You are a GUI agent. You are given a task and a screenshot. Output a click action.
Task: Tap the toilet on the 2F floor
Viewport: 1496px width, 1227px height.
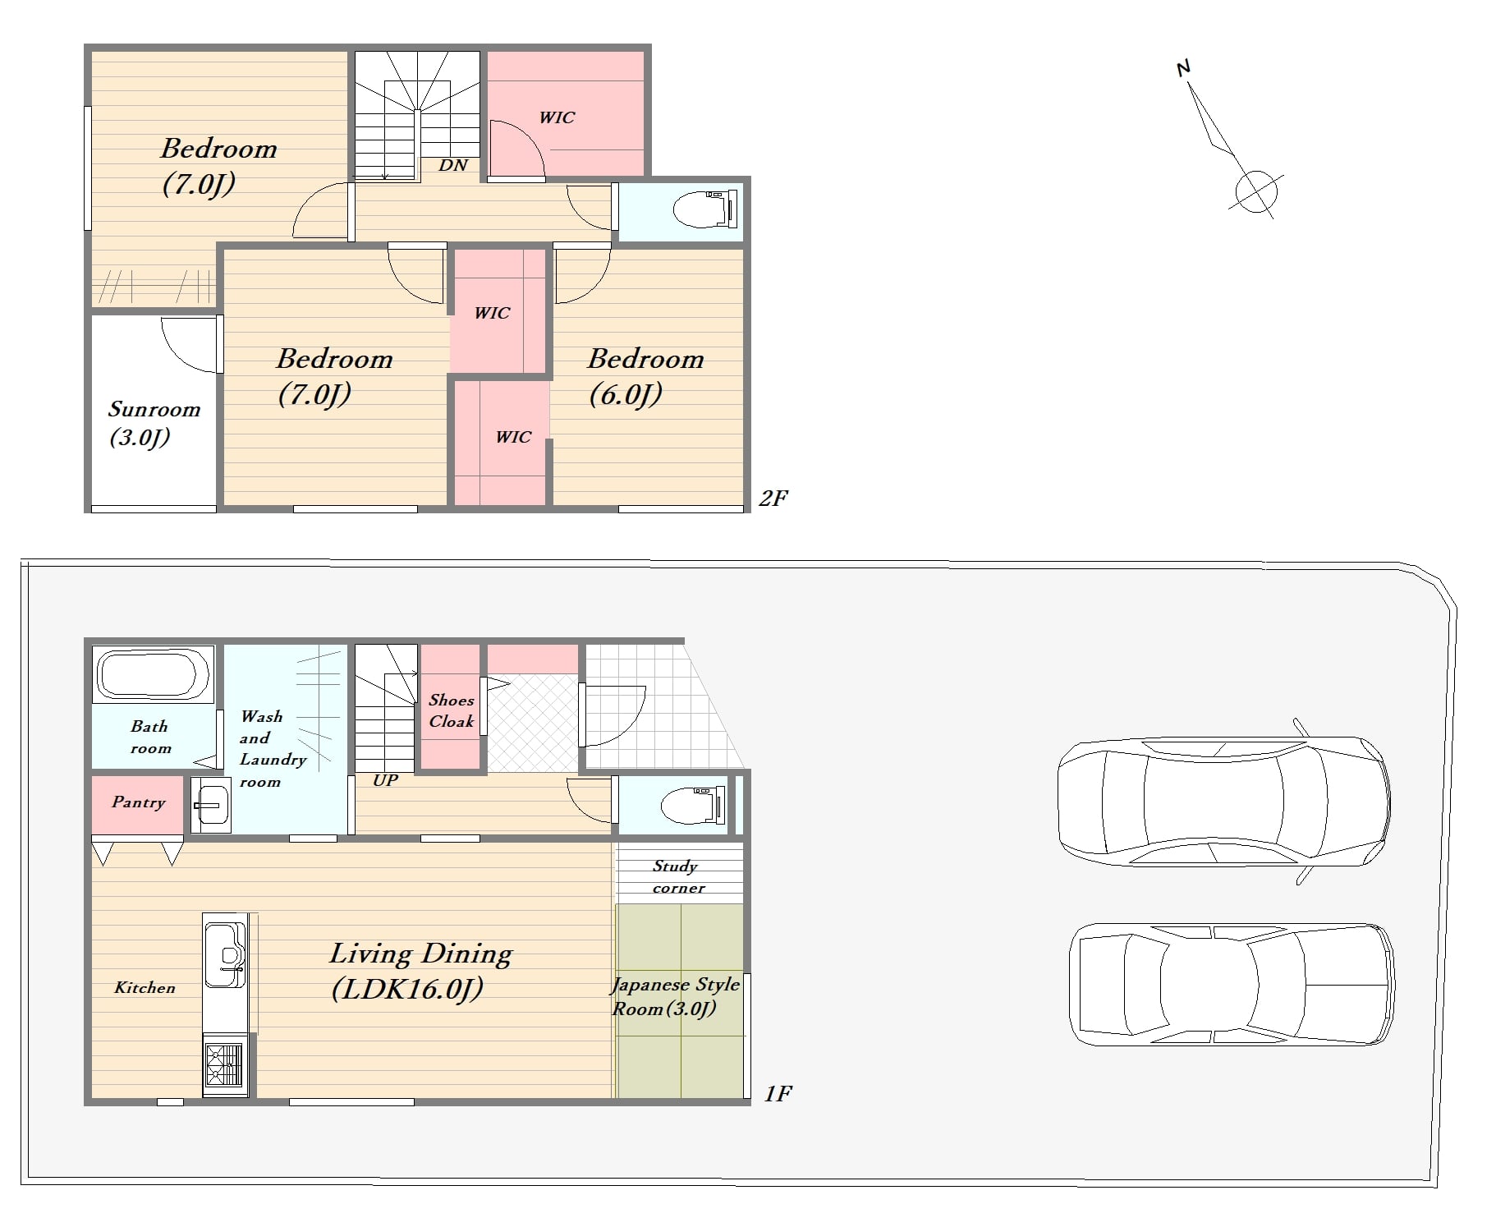tap(704, 209)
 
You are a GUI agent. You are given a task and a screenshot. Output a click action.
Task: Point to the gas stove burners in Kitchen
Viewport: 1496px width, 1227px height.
tap(224, 1065)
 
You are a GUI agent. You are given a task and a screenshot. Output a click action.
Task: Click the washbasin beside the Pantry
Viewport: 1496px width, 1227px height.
tap(211, 806)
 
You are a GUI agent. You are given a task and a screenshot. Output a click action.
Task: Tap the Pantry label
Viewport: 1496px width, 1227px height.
tap(138, 802)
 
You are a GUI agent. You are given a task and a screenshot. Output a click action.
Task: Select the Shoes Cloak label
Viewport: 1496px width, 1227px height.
tap(452, 710)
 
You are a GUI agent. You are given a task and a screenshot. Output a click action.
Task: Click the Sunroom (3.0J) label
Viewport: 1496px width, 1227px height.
tap(154, 423)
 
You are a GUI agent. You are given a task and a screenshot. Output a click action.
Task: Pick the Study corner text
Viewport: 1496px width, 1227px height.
tap(678, 876)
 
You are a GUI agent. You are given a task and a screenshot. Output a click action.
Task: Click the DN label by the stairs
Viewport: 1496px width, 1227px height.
tap(453, 165)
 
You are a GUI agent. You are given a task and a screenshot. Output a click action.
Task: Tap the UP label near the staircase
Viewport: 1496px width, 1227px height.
tap(385, 780)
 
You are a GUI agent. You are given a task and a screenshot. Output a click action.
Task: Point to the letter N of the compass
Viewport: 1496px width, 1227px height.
tap(1183, 68)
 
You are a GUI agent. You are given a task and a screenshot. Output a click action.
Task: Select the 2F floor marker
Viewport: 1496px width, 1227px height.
tap(773, 498)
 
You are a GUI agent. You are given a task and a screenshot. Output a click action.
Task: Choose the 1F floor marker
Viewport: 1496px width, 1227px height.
tap(778, 1093)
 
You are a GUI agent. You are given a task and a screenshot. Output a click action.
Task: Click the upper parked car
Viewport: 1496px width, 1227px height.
tap(1223, 802)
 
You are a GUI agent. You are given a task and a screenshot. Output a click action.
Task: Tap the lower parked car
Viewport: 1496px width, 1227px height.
tap(1232, 984)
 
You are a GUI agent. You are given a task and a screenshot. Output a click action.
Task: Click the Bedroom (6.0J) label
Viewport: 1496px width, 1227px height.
tap(645, 376)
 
